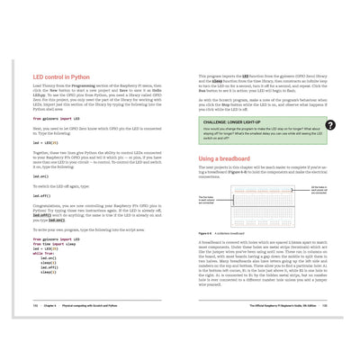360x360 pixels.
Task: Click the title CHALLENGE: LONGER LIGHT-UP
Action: coord(238,121)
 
